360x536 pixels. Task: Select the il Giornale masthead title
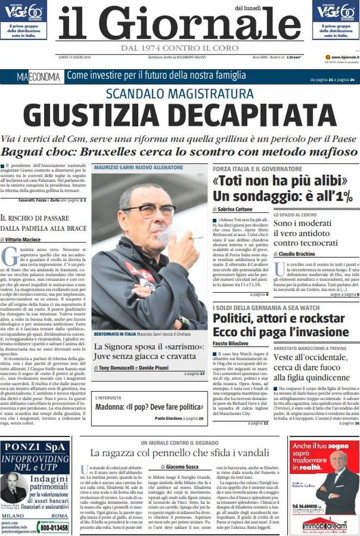click(x=179, y=24)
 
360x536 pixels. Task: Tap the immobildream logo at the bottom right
click(x=324, y=526)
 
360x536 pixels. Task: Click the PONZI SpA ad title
click(x=34, y=447)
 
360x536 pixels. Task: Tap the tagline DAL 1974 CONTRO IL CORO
click(x=179, y=48)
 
